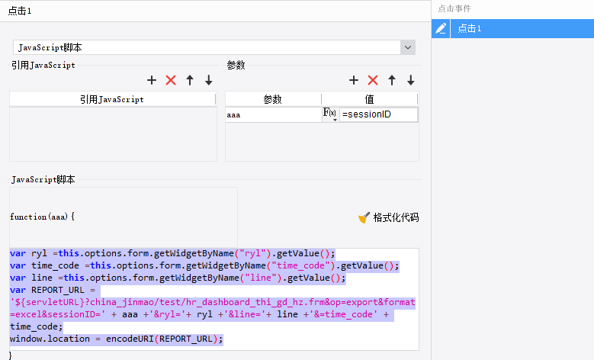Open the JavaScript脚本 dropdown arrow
408,47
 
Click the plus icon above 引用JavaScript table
152,80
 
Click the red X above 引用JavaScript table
171,80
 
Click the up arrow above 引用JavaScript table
190,80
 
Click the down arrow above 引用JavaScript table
208,80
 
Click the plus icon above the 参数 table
354,80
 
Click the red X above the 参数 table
373,80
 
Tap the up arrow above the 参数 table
392,80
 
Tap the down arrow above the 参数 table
410,80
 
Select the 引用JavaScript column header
112,99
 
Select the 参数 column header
273,99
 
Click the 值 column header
369,99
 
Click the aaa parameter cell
273,114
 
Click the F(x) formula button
330,114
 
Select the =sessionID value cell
379,114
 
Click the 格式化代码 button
389,217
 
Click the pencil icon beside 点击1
441,28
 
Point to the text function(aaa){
42,217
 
